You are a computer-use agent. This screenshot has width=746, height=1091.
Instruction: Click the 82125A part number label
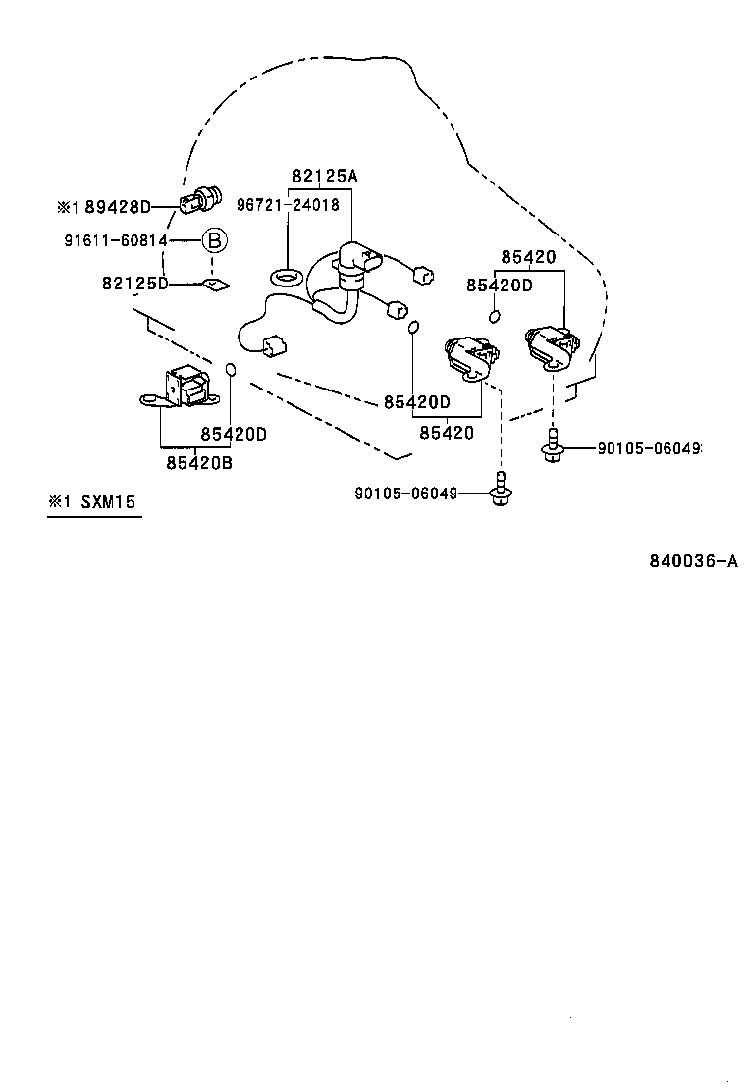coord(325,177)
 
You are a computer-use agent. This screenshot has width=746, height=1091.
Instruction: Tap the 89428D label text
coord(118,207)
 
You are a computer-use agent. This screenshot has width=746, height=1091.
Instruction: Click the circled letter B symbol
coord(214,240)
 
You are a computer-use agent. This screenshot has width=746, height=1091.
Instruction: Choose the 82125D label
coord(134,284)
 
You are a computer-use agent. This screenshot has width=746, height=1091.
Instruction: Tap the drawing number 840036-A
coord(692,561)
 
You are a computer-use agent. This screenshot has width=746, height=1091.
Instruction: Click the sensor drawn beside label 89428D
coord(203,199)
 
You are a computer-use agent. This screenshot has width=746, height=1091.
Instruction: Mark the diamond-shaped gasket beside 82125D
coord(213,285)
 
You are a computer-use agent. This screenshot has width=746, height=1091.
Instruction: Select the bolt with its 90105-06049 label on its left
coord(503,489)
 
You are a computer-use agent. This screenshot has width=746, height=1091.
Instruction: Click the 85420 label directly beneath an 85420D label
coord(447,432)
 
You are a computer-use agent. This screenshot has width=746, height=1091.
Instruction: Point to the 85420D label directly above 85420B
coord(234,433)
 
